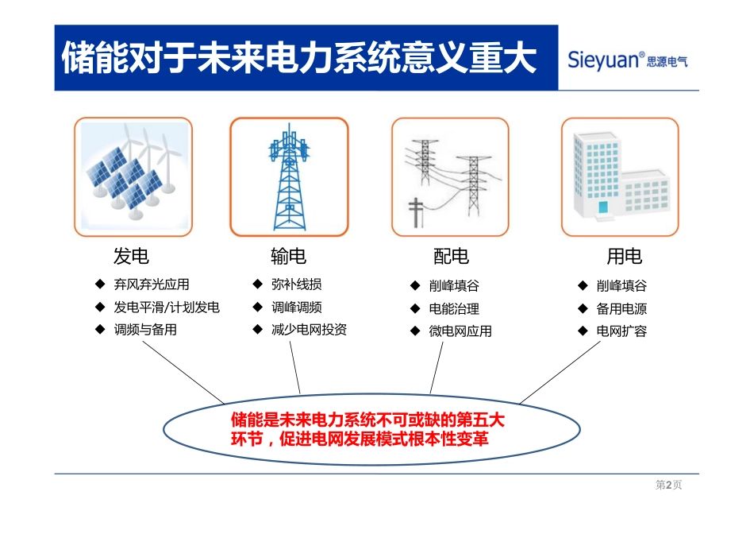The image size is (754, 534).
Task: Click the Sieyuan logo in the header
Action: (627, 60)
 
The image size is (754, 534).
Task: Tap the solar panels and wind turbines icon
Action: (133, 176)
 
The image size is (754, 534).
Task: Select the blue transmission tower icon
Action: (289, 176)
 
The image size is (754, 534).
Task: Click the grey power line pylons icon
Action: (450, 176)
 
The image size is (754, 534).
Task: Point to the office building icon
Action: (620, 176)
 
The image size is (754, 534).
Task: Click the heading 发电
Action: (131, 257)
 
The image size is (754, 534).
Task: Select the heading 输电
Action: (288, 257)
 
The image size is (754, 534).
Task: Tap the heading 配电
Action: (450, 257)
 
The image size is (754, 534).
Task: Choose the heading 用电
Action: (624, 257)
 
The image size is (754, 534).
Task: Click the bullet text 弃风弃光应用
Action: (152, 284)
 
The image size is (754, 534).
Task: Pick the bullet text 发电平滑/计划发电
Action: (167, 308)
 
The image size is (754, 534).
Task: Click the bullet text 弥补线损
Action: (296, 284)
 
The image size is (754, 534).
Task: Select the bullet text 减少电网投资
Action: (309, 330)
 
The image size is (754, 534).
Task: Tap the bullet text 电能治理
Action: (454, 308)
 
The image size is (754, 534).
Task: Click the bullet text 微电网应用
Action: (460, 331)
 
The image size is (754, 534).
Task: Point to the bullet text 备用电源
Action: (621, 308)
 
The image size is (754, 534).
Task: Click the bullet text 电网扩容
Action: (621, 331)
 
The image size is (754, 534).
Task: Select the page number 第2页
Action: (668, 486)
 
